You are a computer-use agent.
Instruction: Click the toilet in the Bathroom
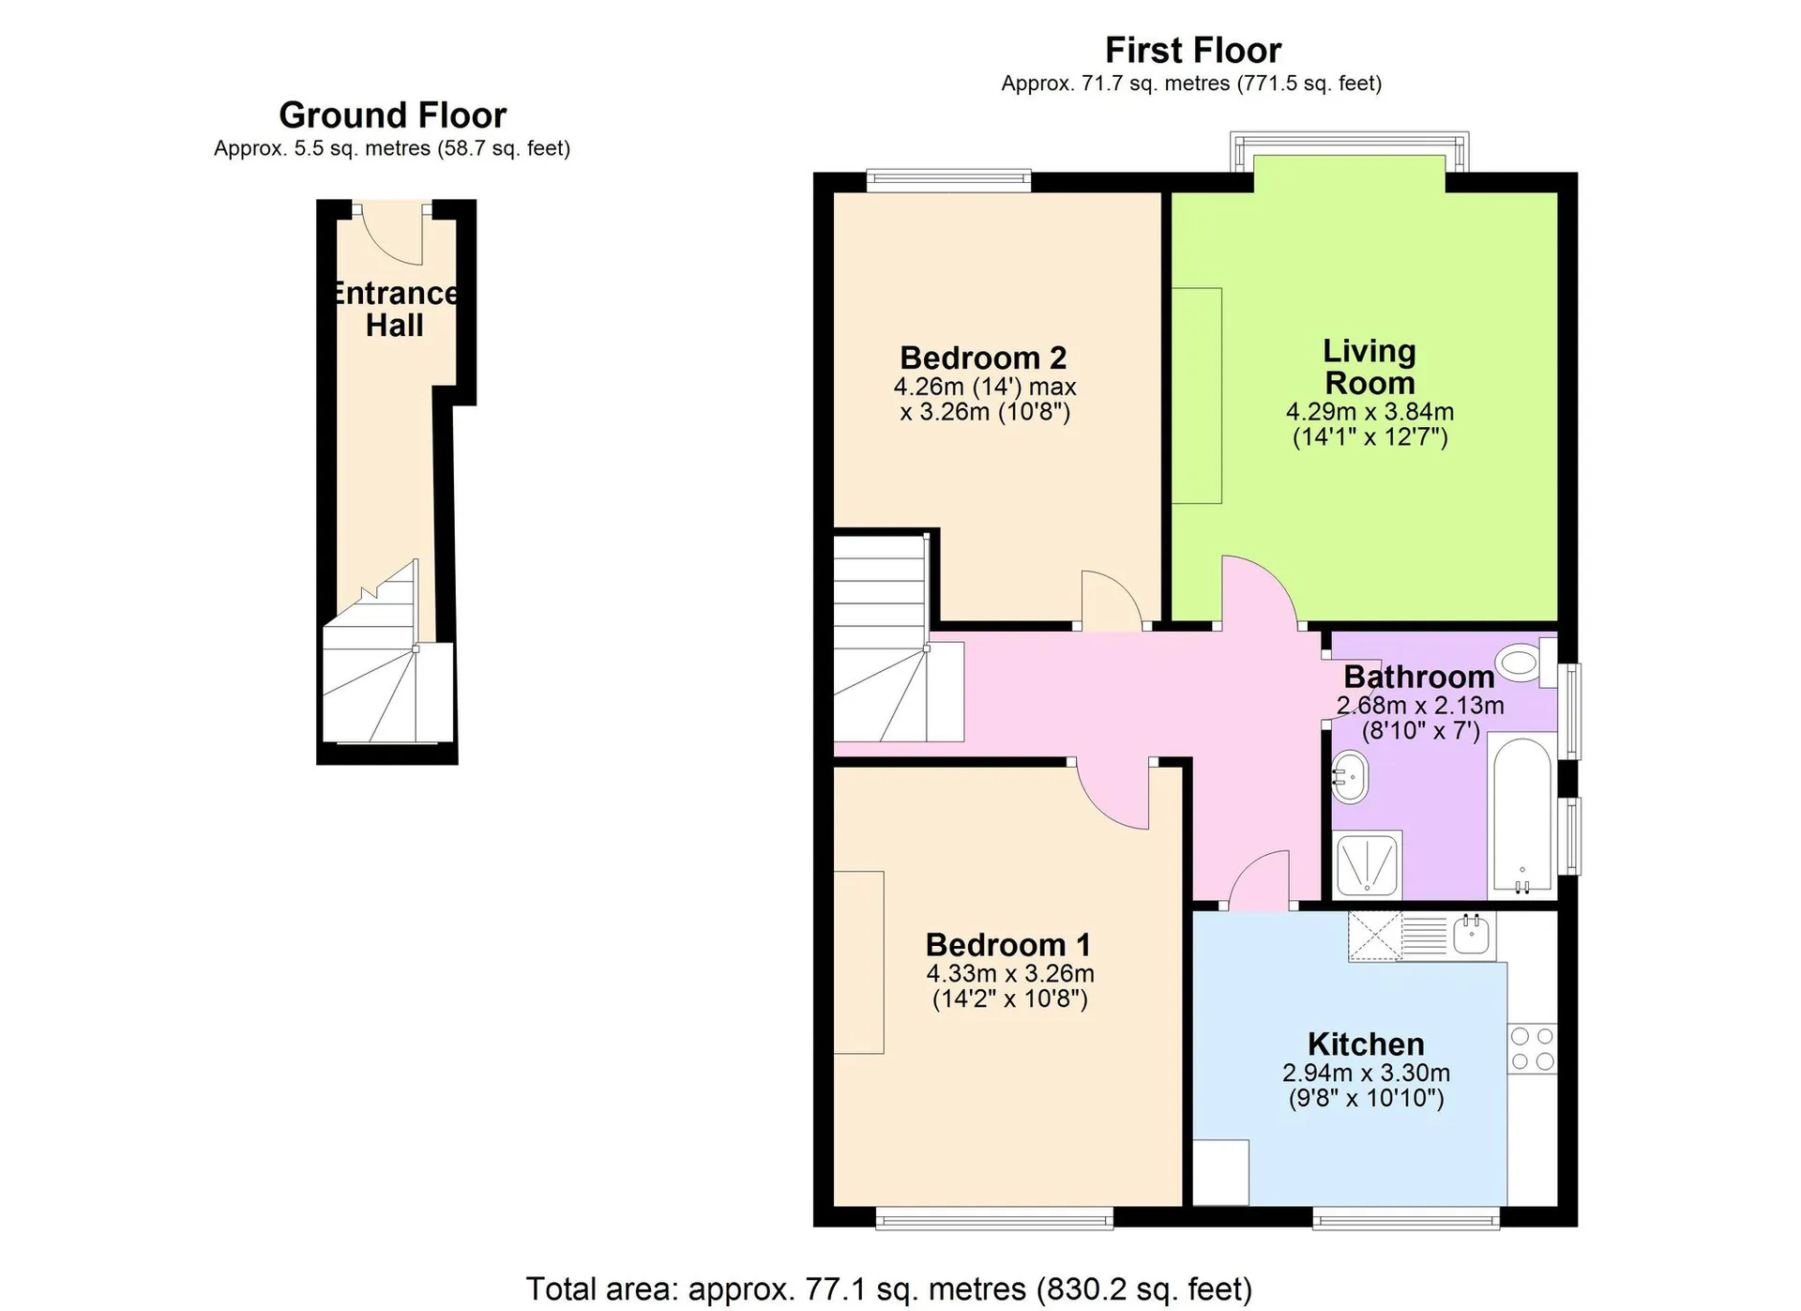point(1525,661)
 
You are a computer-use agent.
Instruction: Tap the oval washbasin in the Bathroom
point(1350,777)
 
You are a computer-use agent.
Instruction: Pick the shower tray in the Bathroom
point(1368,863)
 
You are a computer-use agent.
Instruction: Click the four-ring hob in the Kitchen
point(1532,1049)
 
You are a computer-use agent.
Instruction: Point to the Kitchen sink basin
point(1472,935)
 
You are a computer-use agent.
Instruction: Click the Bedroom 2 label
point(983,358)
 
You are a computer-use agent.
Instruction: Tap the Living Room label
point(1370,367)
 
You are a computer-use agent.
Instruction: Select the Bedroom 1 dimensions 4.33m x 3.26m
point(1010,973)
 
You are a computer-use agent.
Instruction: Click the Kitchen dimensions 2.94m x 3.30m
point(1366,1073)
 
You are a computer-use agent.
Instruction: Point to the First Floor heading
point(1193,50)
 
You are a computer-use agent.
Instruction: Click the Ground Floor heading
point(392,115)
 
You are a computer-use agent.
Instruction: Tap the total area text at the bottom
point(888,1288)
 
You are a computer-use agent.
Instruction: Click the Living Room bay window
point(1349,150)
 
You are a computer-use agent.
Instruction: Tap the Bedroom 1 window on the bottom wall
point(994,1218)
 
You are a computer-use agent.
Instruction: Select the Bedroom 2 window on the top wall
point(948,180)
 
